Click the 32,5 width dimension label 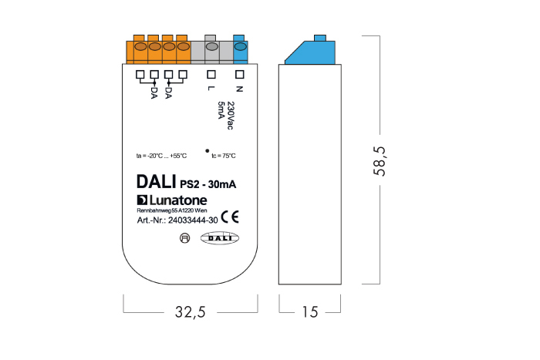(190, 312)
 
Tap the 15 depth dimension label (310, 312)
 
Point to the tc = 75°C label (223, 156)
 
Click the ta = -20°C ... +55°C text (161, 156)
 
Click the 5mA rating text (220, 109)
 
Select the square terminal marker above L (211, 75)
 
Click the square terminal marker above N (239, 75)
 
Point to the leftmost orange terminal (140, 49)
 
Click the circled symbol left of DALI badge (184, 239)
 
